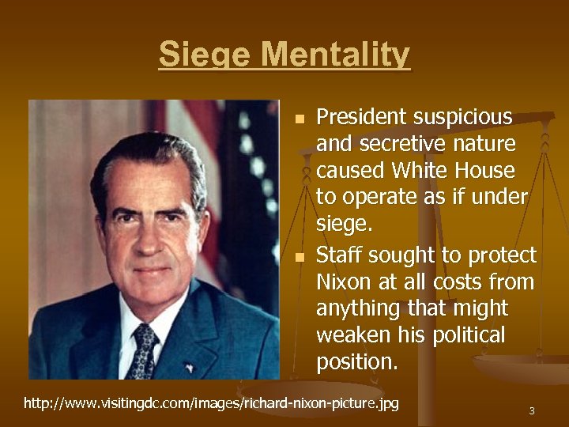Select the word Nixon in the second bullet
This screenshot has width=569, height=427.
click(341, 282)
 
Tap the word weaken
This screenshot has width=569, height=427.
click(352, 335)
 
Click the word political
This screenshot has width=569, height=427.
click(466, 335)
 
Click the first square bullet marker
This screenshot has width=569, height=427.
click(299, 120)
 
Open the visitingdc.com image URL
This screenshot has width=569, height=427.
click(211, 404)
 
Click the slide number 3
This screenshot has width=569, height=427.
click(532, 411)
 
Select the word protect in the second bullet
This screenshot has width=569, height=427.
click(503, 255)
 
